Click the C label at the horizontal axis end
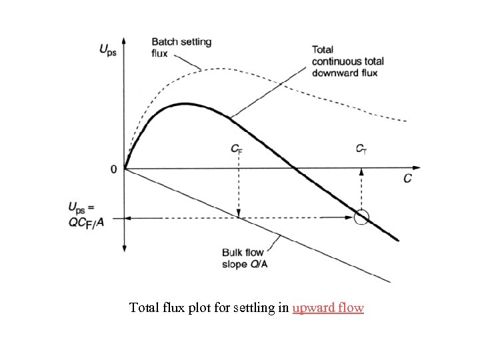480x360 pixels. click(x=407, y=179)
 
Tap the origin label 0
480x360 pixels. click(x=113, y=169)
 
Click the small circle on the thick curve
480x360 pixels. click(x=361, y=217)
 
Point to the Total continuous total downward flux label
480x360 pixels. click(x=348, y=60)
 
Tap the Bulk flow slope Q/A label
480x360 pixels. click(x=243, y=257)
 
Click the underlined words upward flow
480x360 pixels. click(x=328, y=308)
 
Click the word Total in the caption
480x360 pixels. click(x=144, y=308)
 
